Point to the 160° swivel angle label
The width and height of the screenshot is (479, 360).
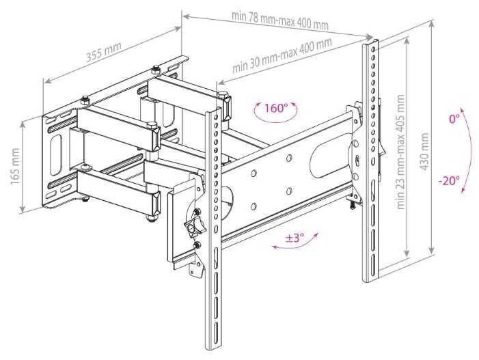[x=275, y=108]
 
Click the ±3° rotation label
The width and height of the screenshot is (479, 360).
[x=295, y=238]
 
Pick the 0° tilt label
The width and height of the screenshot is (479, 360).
[x=454, y=120]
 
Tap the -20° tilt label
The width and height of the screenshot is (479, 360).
[x=450, y=181]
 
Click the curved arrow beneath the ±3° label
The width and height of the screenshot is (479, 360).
[x=295, y=245]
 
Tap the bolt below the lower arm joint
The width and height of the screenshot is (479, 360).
[x=150, y=218]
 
